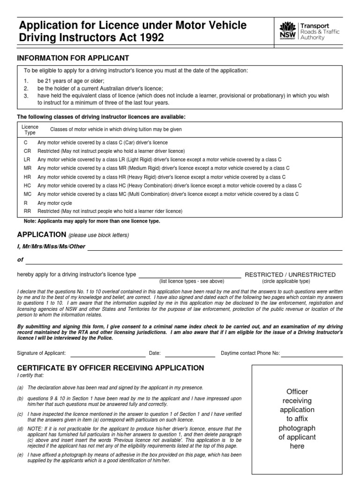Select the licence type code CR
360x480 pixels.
(x=27, y=151)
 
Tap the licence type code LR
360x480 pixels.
(x=27, y=159)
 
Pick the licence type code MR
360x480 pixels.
(x=27, y=168)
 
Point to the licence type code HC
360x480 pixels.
(x=27, y=186)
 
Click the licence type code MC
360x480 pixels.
(x=27, y=194)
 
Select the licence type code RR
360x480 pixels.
(x=27, y=211)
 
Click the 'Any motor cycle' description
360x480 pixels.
(x=55, y=203)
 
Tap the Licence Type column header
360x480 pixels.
(x=30, y=130)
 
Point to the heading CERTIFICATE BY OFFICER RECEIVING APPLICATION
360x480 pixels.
(x=110, y=368)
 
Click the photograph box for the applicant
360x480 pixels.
(x=297, y=419)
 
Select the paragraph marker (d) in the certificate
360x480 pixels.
(x=20, y=429)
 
